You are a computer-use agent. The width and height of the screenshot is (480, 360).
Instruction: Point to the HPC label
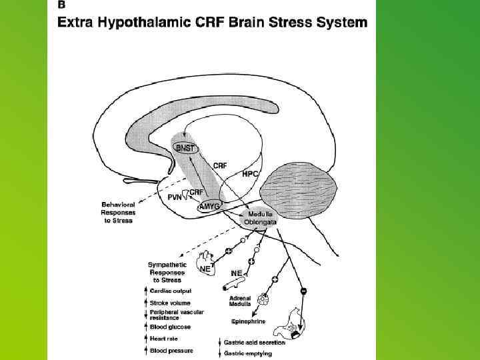coord(251,173)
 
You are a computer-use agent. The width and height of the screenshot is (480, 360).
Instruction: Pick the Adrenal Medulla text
coord(240,301)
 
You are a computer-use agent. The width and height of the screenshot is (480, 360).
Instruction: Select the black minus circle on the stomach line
coord(303,291)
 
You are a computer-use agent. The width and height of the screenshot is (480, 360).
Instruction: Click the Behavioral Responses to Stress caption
coord(118,212)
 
